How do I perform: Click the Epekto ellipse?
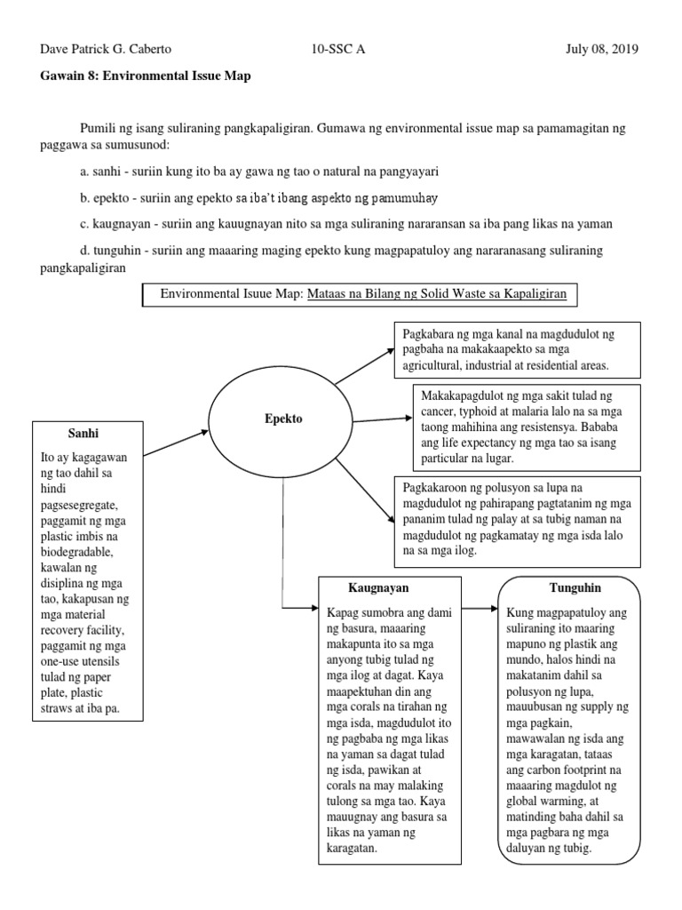[282, 418]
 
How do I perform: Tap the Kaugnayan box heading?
[379, 588]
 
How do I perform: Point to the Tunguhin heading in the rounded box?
[566, 588]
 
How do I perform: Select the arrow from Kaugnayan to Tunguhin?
[480, 609]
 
